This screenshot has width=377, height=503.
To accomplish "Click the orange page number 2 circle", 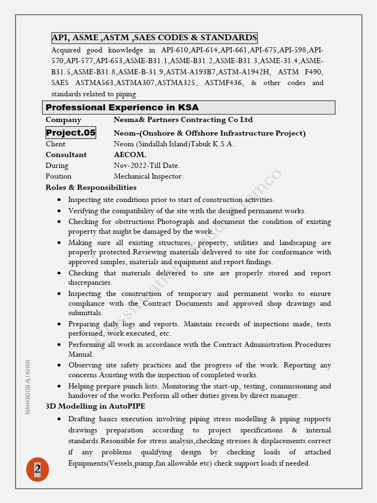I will (x=37, y=469).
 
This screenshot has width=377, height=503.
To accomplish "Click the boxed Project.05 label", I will (x=71, y=133).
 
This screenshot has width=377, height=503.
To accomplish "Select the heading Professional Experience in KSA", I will (x=122, y=108).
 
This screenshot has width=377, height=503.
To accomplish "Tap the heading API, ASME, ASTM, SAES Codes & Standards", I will (x=154, y=38).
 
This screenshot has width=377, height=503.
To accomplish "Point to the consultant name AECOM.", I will (x=130, y=155).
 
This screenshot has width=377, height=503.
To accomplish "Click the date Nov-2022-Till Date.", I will (x=147, y=166).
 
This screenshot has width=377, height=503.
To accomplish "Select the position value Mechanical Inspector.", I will (x=149, y=176).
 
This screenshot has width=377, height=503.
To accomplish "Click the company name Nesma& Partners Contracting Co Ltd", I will (x=183, y=120).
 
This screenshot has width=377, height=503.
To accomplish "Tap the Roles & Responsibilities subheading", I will (x=91, y=188).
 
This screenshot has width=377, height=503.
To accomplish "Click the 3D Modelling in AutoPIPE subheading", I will (x=95, y=406).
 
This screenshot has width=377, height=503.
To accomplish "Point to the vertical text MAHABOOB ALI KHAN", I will (x=28, y=387).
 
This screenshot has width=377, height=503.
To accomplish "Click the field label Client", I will (x=55, y=144).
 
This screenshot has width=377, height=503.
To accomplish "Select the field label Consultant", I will (x=66, y=155).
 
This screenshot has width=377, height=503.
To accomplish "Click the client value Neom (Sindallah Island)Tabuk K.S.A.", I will (x=174, y=144).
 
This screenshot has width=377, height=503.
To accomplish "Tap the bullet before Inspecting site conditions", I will (x=59, y=200).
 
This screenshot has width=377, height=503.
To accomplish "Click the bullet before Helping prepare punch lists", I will (x=59, y=386).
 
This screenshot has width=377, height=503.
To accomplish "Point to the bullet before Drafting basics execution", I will (x=59, y=419).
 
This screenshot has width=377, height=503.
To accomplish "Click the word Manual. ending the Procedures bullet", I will (x=81, y=354).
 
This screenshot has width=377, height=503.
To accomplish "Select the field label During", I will (x=57, y=166).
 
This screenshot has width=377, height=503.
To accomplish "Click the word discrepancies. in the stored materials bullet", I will (x=90, y=282).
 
